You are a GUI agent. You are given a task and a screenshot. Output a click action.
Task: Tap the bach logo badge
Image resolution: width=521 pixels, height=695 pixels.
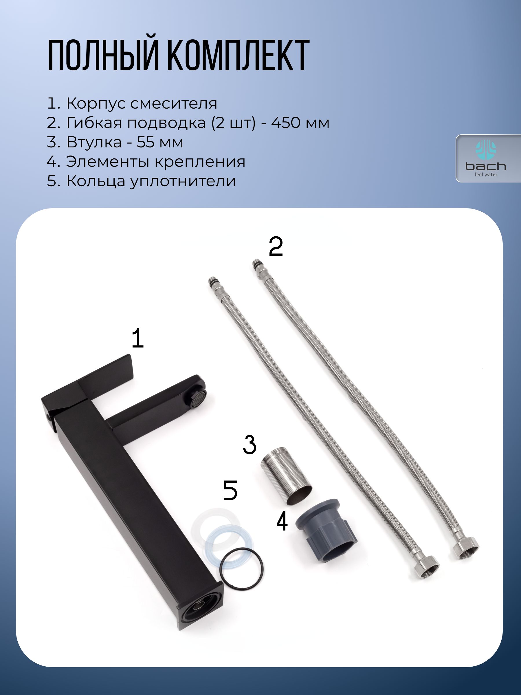click(488, 158)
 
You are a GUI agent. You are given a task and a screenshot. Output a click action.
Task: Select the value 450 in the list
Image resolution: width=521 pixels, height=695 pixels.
click(286, 123)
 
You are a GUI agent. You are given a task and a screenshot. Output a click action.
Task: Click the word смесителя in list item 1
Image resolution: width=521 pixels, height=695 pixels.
click(173, 104)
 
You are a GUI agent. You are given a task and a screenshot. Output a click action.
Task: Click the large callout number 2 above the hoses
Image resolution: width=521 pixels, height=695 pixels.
click(276, 247)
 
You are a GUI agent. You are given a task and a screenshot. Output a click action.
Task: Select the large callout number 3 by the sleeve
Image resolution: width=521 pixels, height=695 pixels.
click(250, 444)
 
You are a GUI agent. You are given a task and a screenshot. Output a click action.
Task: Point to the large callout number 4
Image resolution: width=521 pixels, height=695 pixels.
click(282, 521)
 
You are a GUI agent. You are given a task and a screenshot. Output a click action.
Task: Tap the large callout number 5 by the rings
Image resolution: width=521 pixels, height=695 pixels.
click(230, 491)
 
